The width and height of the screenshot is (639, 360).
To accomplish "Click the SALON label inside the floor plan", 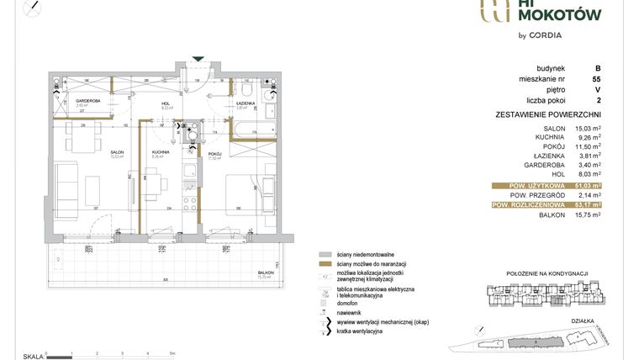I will tap(117, 152).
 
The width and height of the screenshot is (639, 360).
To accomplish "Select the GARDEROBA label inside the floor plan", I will tap(88, 101).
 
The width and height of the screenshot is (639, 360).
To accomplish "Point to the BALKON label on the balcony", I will tap(267, 273).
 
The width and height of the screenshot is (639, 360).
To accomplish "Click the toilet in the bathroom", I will tap(244, 90).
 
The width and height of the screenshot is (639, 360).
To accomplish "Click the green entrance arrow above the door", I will tap(198, 59).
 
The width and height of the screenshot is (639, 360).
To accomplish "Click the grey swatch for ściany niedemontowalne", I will tap(324, 253).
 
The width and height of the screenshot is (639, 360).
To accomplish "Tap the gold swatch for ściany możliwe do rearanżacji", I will tap(324, 264).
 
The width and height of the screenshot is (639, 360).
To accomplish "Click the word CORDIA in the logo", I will tap(544, 34).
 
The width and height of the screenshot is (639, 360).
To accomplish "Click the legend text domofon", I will tap(347, 304).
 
